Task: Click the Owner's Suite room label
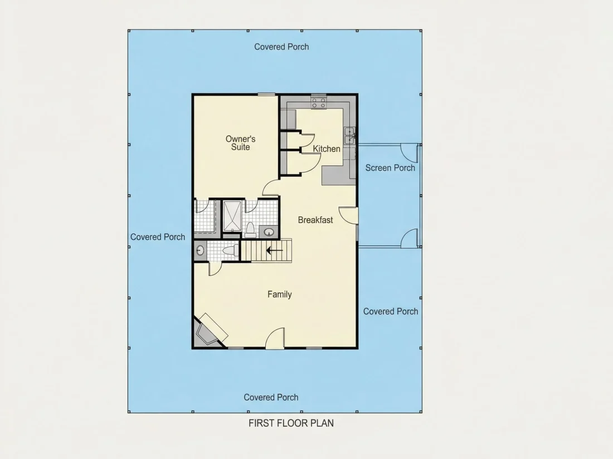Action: pos(240,143)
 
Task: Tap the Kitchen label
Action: pos(327,149)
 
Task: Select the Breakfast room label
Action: pos(315,220)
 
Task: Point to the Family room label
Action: pos(280,294)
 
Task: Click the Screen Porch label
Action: pos(390,168)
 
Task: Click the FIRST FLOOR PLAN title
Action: pos(291,423)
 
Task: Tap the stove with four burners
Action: pos(319,103)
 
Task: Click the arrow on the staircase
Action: pos(274,250)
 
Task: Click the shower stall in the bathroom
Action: pos(233,216)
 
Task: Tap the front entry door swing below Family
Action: pos(275,339)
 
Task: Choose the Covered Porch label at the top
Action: pos(281,47)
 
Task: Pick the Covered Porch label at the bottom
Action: pos(271,397)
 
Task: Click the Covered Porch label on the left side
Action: pos(158,237)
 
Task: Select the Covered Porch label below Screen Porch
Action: pos(391,312)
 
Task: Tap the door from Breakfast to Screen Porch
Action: pos(348,215)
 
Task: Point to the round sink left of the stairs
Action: pos(200,250)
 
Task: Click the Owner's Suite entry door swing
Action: pos(270,187)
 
